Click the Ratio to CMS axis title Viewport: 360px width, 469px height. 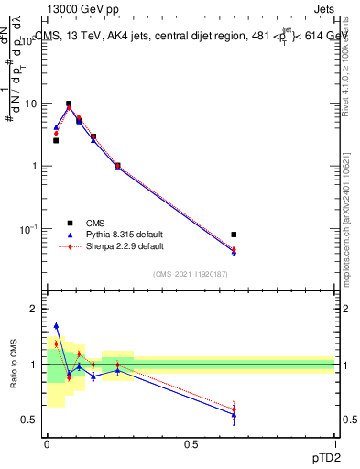coord(15,365)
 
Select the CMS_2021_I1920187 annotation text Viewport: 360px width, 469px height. coord(191,274)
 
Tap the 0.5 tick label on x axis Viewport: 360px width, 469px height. coord(191,442)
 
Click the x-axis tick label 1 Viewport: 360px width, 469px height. coord(335,442)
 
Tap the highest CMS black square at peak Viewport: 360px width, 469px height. coord(69,104)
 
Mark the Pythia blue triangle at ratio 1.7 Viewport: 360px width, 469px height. coord(56,325)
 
